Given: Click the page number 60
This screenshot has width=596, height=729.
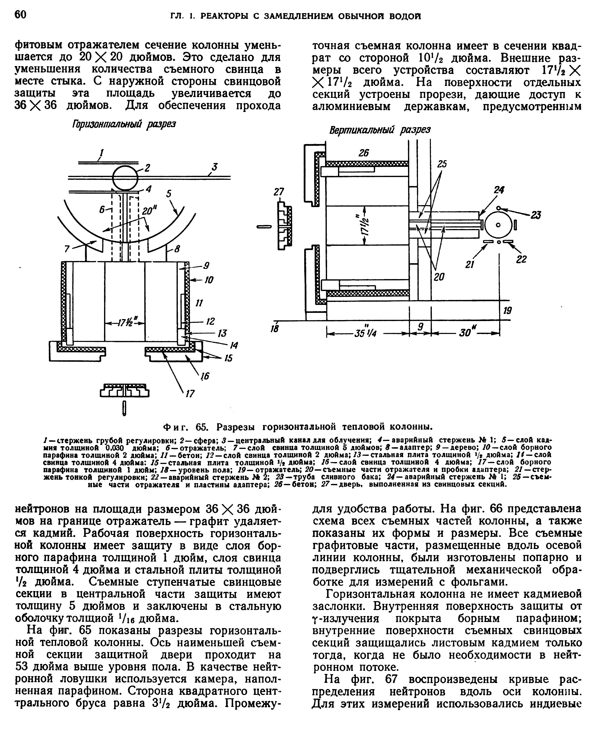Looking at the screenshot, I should click(20, 15).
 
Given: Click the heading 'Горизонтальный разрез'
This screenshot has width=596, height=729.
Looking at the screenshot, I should click(124, 124).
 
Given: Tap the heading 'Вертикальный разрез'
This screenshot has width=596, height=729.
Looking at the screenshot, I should click(379, 130).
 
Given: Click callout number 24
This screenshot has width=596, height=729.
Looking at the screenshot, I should click(499, 190).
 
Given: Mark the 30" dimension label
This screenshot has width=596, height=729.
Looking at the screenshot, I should click(466, 333).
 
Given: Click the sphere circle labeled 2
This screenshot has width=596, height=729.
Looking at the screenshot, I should click(125, 178).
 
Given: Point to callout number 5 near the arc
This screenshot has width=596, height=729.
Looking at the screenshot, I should click(169, 194).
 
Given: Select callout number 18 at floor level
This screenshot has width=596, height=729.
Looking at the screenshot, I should click(275, 329).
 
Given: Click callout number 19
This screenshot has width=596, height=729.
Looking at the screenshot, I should click(507, 311).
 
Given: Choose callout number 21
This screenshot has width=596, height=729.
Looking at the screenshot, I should click(470, 264).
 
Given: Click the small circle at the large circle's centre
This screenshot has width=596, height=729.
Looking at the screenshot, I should click(498, 225).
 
